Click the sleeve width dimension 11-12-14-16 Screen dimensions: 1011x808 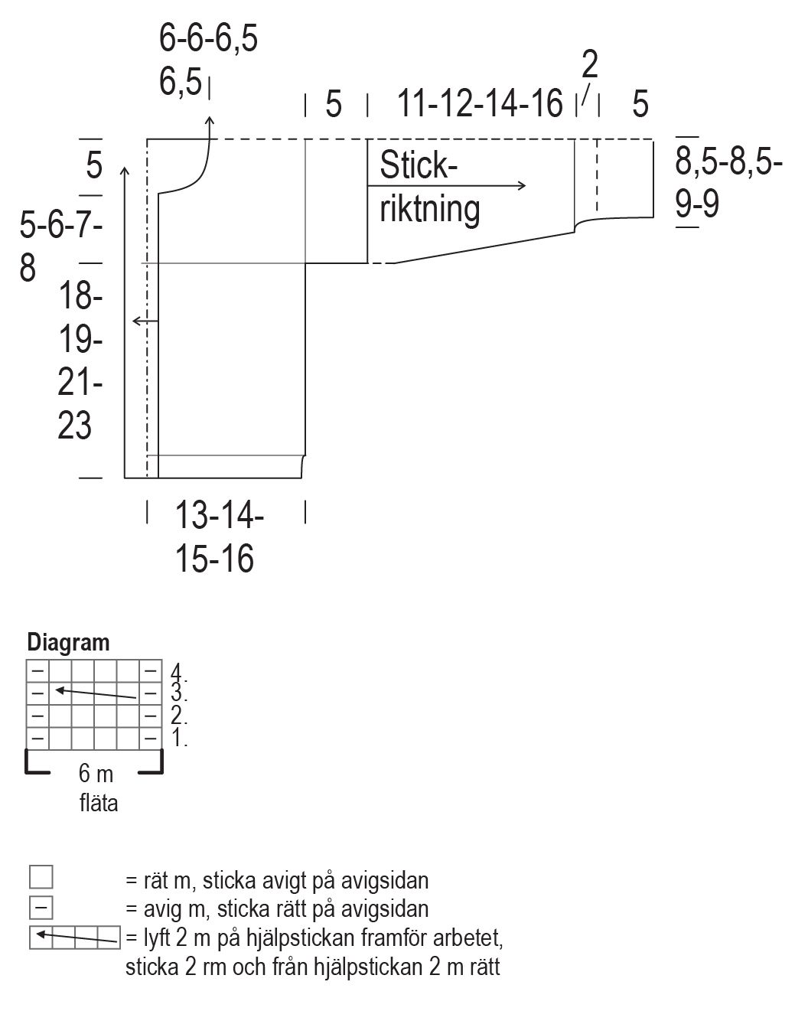point(480,103)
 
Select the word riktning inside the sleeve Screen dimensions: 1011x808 point(429,208)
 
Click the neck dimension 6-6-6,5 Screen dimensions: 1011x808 point(208,39)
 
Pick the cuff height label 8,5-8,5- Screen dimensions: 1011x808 point(728,163)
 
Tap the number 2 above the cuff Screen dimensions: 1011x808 point(589,66)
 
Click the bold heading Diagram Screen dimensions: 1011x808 point(68,642)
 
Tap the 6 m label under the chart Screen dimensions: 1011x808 point(96,774)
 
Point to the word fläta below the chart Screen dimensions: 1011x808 point(99,804)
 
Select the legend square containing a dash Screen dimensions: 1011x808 point(41,908)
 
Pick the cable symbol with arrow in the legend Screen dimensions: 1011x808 point(75,937)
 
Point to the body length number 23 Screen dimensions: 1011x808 point(74,426)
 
